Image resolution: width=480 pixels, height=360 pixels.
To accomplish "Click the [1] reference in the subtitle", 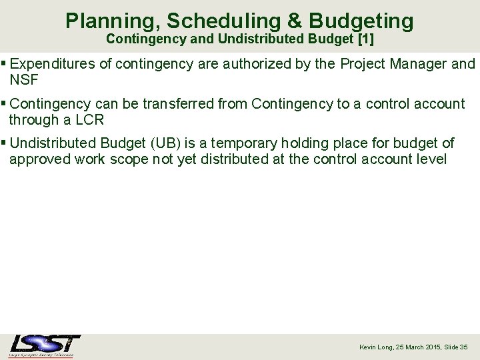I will point(365,39).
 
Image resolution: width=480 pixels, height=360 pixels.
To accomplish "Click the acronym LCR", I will point(89,120).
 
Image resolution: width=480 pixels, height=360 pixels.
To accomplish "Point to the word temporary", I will point(245,143).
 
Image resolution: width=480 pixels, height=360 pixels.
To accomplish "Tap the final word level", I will point(431,159).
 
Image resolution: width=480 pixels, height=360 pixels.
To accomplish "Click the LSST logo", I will point(45,345).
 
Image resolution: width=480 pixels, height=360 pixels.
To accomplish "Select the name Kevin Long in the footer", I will point(375,347).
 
